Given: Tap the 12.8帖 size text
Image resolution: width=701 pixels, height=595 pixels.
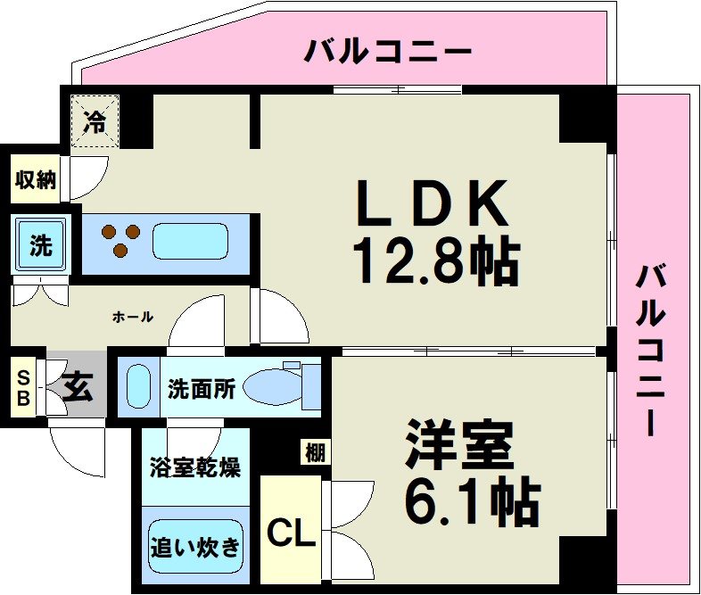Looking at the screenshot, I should click(x=434, y=259).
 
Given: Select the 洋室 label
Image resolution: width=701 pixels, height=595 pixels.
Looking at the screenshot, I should click(x=458, y=445).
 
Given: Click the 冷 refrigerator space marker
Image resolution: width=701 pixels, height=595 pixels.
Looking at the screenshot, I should click(x=95, y=120).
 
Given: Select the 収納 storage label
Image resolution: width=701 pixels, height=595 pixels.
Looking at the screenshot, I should click(x=36, y=180).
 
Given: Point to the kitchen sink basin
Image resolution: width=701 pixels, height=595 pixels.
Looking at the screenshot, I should click(x=190, y=241).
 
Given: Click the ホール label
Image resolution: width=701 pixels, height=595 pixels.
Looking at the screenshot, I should click(x=134, y=317).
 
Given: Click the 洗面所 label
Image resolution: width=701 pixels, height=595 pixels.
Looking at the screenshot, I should click(x=202, y=389).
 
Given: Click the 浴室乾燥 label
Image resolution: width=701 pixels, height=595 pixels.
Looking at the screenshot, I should click(x=193, y=467).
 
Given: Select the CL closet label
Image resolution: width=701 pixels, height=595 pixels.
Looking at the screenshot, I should click(x=292, y=535).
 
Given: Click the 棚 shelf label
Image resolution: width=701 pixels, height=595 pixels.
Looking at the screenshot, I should click(x=315, y=453).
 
